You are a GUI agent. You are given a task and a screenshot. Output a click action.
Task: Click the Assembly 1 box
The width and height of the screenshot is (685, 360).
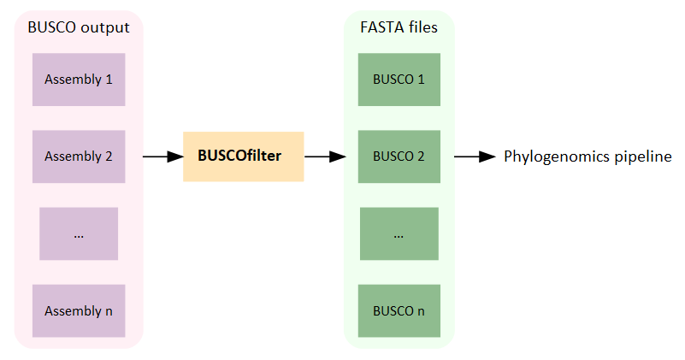point(79,80)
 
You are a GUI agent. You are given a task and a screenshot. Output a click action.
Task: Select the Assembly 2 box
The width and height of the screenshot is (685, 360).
point(79,156)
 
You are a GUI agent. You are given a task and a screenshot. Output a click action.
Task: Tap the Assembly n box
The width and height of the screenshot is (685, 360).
point(79,310)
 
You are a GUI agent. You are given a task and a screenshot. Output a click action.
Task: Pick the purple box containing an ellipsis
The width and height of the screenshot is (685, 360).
point(79,233)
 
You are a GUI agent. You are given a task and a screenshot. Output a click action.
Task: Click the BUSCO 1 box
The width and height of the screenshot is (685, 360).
point(399,80)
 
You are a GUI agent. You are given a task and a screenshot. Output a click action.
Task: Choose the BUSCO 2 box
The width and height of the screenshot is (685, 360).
point(399,156)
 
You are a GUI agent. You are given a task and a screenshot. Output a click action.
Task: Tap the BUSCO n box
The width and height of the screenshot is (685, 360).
point(399,310)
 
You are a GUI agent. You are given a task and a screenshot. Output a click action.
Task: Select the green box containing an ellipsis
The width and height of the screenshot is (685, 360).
point(399,233)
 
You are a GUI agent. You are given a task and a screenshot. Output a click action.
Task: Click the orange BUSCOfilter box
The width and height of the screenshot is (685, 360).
point(243,156)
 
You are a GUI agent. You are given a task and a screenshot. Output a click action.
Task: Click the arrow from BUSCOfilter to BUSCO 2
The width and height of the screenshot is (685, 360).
point(324,156)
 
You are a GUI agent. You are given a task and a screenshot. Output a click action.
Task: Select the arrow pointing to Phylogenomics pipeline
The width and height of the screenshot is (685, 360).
point(475,156)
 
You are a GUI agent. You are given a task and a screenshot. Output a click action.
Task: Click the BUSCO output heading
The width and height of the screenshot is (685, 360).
point(79,27)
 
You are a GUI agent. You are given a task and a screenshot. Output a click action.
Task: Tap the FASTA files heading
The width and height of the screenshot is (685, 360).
point(399,27)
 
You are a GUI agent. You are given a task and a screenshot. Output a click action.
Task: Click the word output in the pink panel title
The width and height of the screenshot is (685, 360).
point(107,27)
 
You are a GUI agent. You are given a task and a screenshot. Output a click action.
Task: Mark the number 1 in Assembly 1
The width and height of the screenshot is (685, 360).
point(109,80)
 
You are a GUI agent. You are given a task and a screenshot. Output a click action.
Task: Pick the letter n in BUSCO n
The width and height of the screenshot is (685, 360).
point(421,310)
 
